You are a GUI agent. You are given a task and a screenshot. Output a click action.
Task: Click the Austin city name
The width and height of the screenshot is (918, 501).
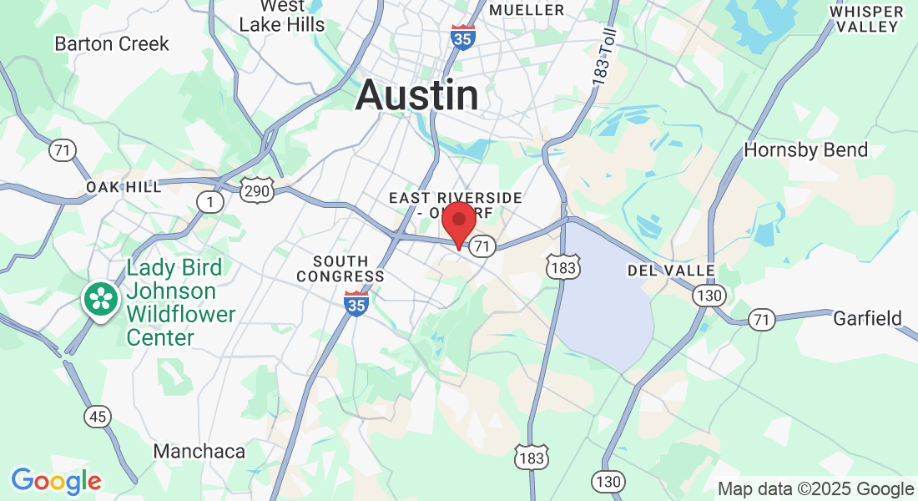point(416,96)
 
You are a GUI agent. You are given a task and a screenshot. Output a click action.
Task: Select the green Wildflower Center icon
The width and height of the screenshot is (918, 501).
point(101,300)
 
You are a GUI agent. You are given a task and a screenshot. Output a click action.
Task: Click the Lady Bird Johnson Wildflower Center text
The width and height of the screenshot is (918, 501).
point(179,302)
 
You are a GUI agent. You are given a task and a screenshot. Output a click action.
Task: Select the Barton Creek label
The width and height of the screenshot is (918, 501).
point(112,43)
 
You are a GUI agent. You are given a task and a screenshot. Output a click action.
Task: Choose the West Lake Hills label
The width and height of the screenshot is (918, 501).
point(281,16)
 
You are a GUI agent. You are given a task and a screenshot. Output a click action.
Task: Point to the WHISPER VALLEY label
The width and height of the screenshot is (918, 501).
point(867,18)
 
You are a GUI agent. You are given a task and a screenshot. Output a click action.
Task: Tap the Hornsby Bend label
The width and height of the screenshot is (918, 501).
point(805,150)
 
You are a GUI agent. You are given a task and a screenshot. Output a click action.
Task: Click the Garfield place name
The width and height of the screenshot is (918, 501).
point(868,318)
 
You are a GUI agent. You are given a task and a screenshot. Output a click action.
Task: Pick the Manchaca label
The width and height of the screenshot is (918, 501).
point(199,452)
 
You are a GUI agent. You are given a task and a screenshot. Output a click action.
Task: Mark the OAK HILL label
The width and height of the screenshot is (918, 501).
point(124,187)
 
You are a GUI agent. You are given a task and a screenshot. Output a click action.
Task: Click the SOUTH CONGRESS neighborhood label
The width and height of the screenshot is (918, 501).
point(340,269)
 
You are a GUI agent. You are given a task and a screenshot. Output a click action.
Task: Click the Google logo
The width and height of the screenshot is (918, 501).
point(56,481)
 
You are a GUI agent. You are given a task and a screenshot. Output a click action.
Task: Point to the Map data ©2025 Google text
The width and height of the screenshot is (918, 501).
point(816,489)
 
